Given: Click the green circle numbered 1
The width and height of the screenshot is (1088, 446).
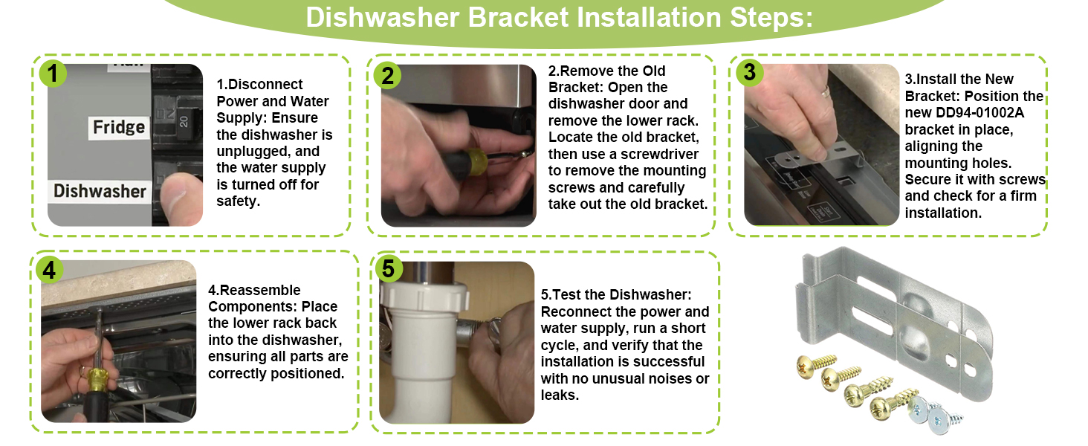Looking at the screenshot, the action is (x=53, y=74).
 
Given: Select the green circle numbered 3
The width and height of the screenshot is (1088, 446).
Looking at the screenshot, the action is (x=749, y=72).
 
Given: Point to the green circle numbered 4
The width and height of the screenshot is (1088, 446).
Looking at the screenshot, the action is (x=49, y=270).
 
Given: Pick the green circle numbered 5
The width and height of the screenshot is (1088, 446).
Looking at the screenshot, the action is (x=388, y=268).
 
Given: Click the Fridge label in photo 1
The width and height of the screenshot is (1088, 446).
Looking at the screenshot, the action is (x=119, y=127).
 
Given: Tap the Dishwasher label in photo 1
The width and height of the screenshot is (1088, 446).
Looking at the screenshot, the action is (x=100, y=192).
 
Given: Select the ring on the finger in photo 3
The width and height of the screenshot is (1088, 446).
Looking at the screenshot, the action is (x=825, y=91).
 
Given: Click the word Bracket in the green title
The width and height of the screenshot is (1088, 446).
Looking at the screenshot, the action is (x=518, y=18).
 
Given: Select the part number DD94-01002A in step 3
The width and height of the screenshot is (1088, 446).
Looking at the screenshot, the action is (x=979, y=113).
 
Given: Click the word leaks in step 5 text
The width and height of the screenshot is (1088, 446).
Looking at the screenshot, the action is (x=560, y=395).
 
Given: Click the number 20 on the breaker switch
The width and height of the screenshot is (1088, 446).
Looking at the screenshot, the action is (x=184, y=121).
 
